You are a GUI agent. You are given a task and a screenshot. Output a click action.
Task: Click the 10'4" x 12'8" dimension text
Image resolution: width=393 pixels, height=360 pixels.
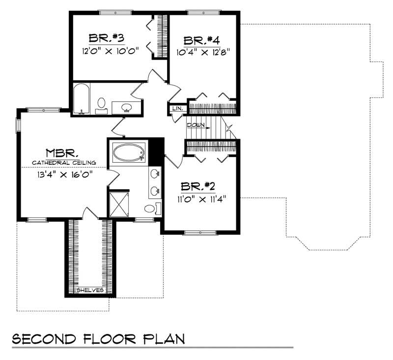203,51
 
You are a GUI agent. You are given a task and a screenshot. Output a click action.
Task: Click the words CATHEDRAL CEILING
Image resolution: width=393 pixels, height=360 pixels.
64,163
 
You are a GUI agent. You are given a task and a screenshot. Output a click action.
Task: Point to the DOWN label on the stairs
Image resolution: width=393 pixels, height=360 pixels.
196,125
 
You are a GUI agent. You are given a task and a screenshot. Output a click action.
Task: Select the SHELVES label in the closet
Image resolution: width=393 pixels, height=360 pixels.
90,290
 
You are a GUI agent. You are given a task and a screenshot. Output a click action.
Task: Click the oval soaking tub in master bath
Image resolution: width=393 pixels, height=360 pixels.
129,152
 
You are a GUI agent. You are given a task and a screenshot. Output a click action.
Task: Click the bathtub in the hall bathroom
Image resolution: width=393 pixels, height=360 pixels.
82,99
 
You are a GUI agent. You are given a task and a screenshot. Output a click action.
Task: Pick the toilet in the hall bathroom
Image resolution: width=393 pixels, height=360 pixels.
101,104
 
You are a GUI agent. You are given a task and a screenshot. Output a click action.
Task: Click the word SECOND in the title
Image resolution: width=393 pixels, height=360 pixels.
44,339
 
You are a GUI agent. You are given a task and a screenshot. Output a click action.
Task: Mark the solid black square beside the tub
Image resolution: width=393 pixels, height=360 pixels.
156,149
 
